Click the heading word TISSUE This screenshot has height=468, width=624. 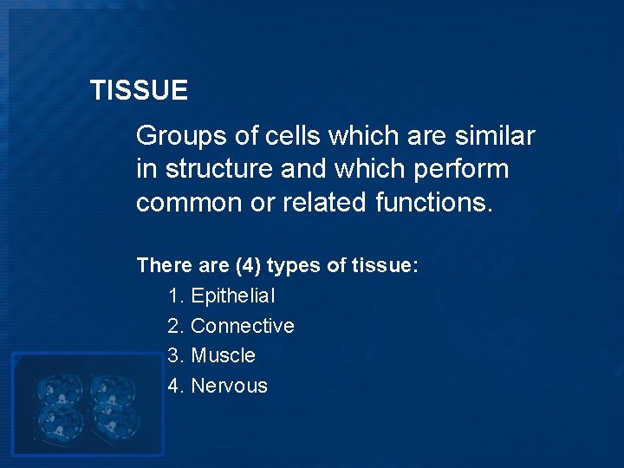[139, 90]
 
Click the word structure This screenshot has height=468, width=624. [217, 168]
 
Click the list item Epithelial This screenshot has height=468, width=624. [233, 296]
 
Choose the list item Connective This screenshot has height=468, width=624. [242, 326]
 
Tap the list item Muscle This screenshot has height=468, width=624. [223, 355]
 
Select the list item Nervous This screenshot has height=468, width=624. [229, 386]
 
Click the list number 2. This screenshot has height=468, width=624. [174, 326]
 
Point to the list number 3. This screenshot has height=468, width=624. [174, 355]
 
